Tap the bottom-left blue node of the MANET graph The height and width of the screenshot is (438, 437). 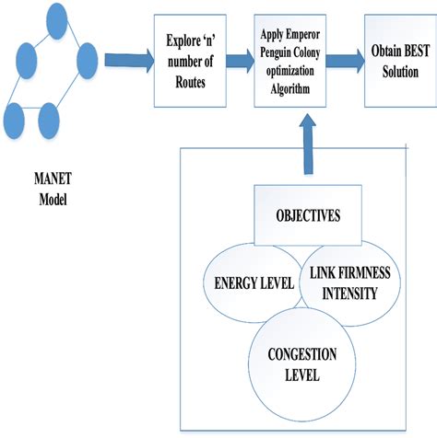[15, 118]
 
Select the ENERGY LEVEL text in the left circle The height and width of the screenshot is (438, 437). [247, 284]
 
